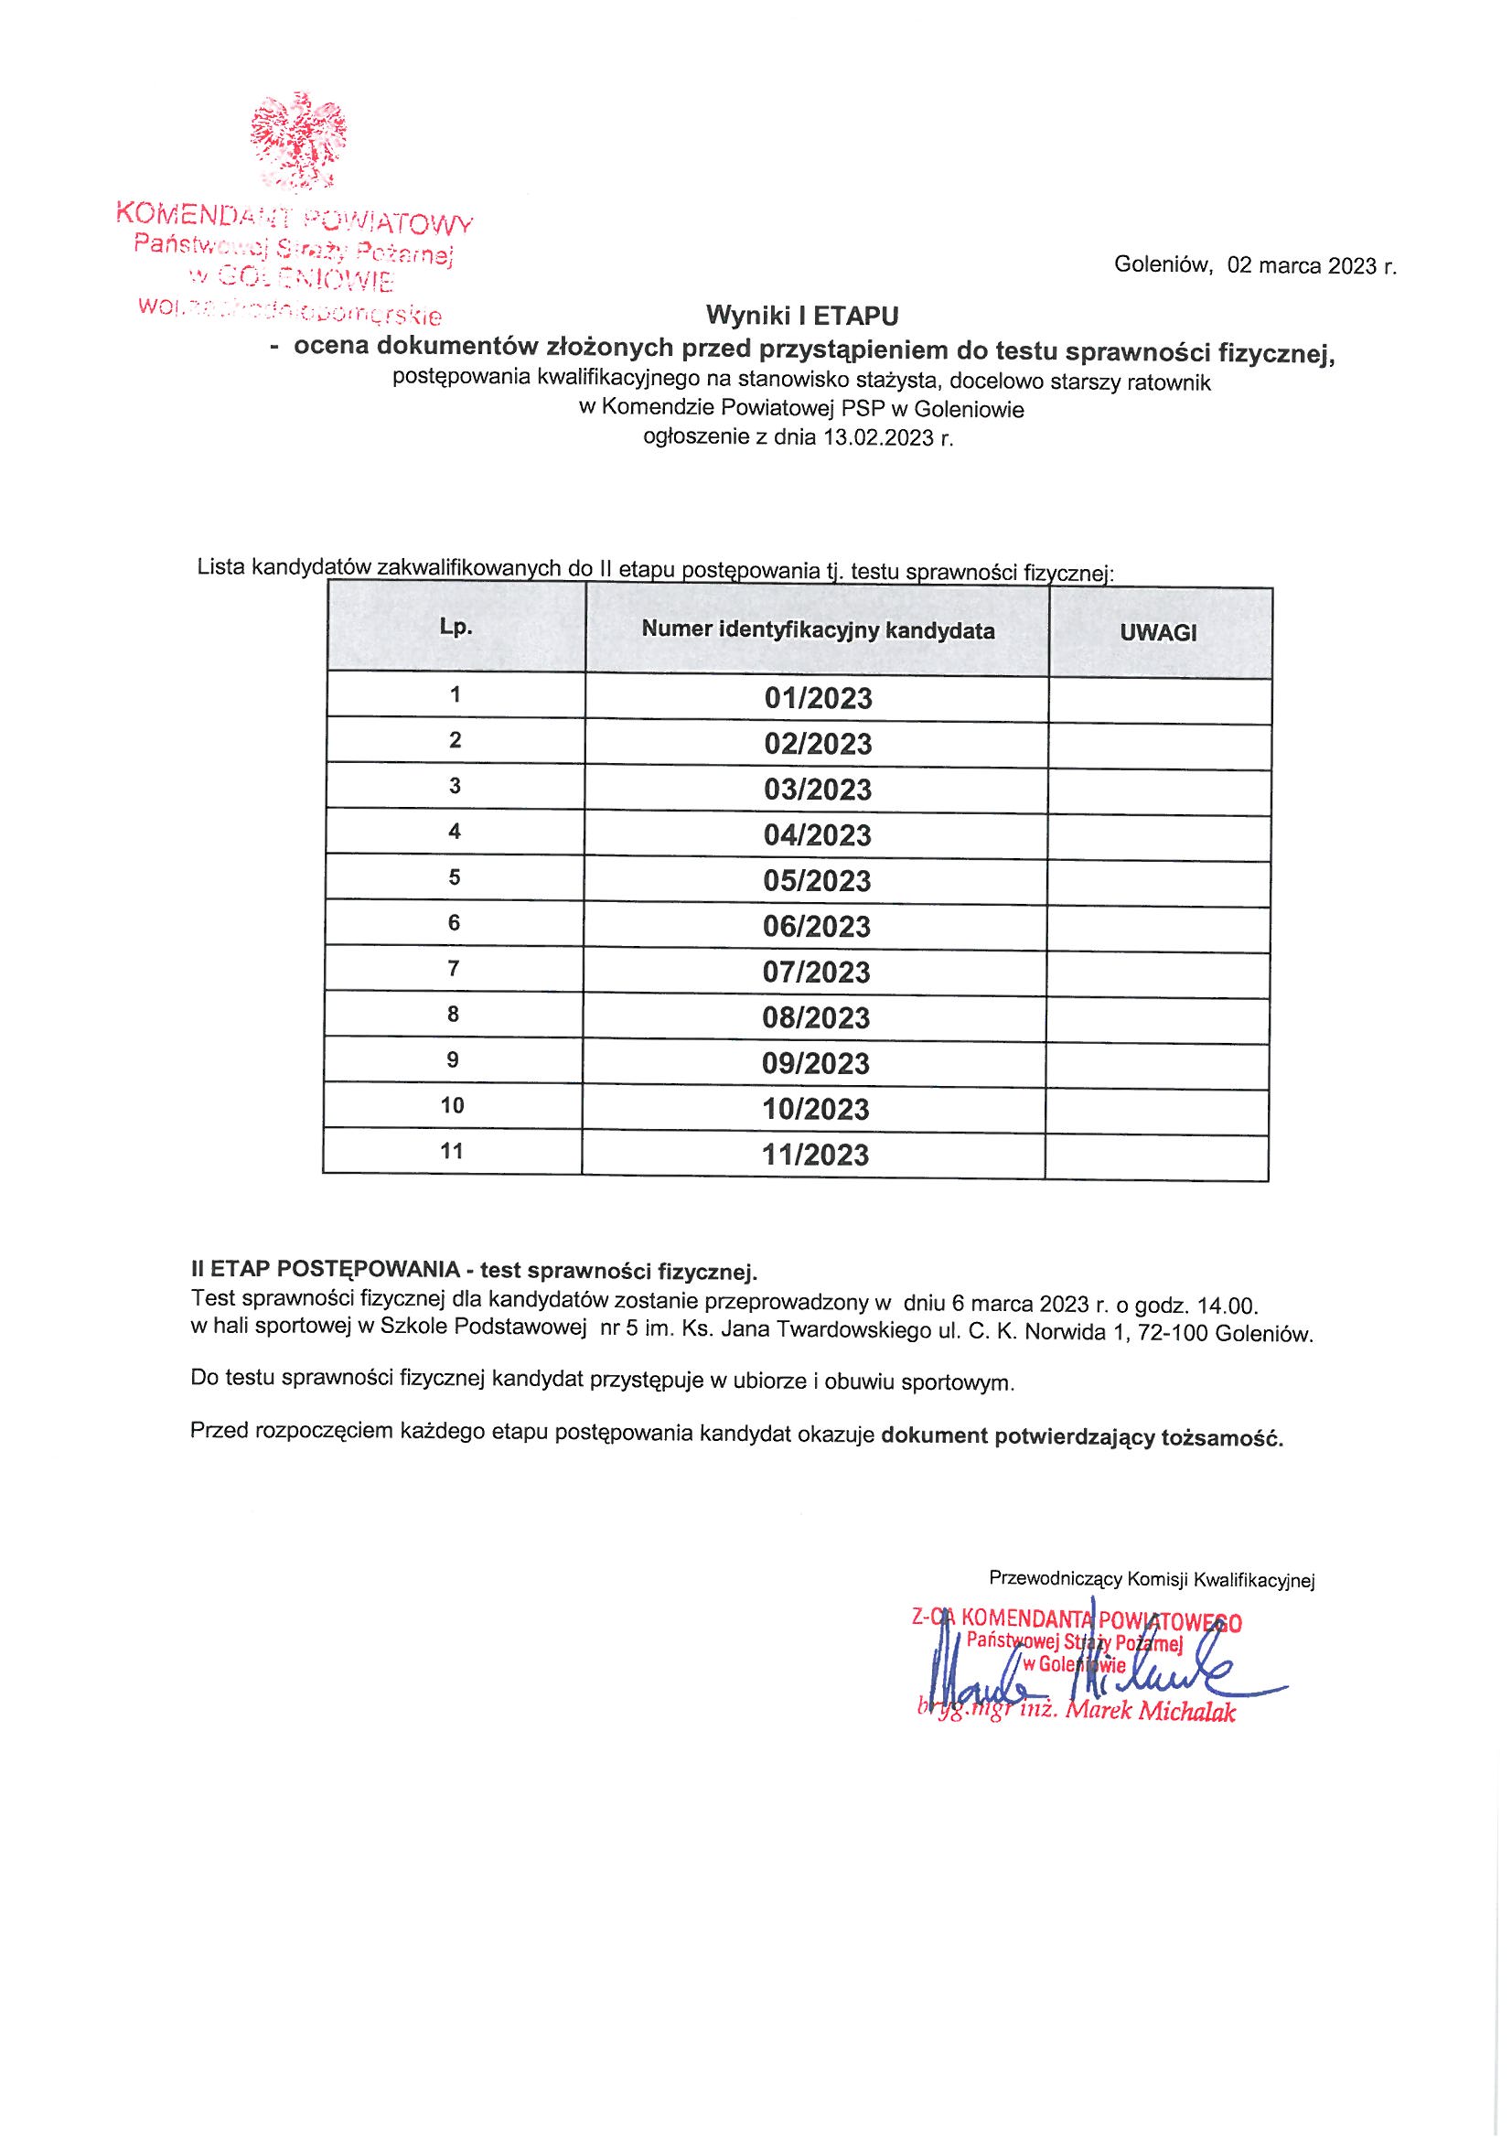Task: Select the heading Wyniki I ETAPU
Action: coord(801,317)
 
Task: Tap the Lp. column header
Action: coord(456,628)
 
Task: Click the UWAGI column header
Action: coord(1158,632)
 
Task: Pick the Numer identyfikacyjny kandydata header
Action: coord(817,630)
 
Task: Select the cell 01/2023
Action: coord(818,699)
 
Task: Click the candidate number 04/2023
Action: coord(817,835)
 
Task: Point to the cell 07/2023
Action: coord(816,973)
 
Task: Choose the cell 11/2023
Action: coord(815,1155)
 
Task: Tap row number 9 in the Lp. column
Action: coord(453,1060)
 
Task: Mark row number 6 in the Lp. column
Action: coord(454,923)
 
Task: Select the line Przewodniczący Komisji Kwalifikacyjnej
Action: coord(1152,1578)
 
